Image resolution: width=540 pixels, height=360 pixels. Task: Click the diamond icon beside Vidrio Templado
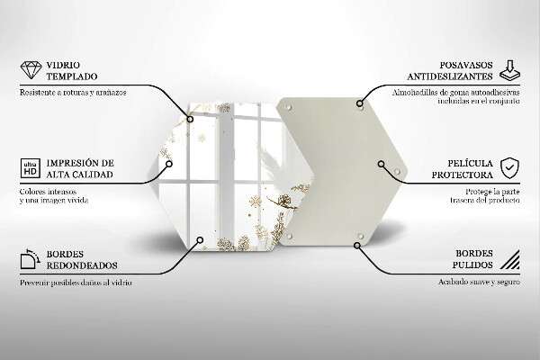pos(29,70)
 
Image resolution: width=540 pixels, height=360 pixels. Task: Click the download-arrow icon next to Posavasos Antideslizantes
pos(510,70)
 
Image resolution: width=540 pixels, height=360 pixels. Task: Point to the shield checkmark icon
pos(510,167)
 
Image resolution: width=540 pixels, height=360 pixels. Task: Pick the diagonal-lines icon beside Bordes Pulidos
pos(510,262)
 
